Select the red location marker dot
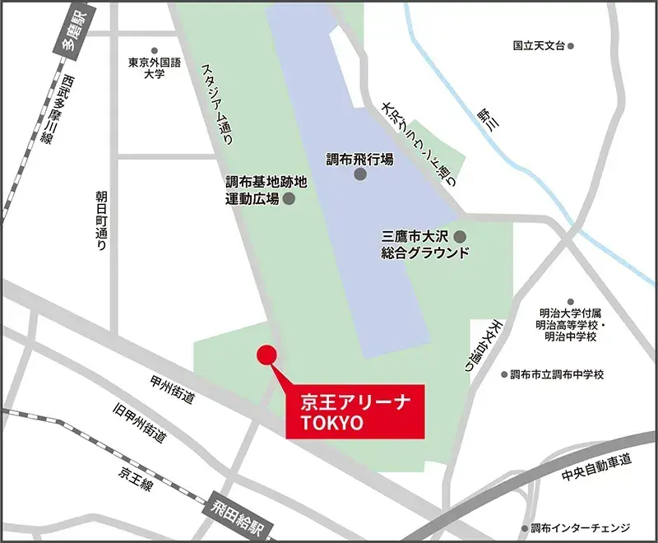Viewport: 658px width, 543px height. coord(265,355)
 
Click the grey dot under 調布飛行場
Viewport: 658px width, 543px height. coord(359,179)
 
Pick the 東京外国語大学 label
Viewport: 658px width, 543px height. coord(152,67)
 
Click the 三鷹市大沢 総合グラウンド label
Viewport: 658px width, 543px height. coord(424,244)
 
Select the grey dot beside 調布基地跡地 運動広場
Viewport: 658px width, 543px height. coord(289,198)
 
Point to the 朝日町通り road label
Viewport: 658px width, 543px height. coord(101,222)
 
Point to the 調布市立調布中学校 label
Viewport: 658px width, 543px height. coord(557,374)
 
